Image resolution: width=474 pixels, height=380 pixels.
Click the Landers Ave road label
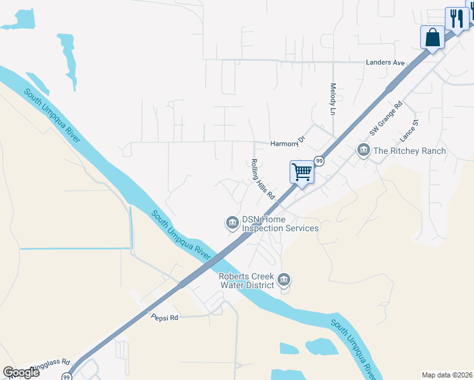pyautogui.click(x=385, y=63)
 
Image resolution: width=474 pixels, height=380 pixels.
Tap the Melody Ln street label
pyautogui.click(x=333, y=99)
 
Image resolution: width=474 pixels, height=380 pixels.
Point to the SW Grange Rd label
pyautogui.click(x=386, y=119)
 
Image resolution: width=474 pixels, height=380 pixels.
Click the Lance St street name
pyautogui.click(x=409, y=130)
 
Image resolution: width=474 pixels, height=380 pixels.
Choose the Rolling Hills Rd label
pyautogui.click(x=262, y=178)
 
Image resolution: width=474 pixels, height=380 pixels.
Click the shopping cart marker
pyautogui.click(x=302, y=171)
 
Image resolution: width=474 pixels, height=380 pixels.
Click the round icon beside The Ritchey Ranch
pyautogui.click(x=364, y=150)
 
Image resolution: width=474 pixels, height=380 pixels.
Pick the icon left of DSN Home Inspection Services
pyautogui.click(x=232, y=222)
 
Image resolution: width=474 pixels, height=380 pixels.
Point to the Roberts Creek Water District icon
pyautogui.click(x=283, y=279)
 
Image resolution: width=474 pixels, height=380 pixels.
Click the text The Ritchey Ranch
pyautogui.click(x=409, y=151)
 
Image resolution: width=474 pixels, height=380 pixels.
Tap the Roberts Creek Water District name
pyautogui.click(x=247, y=281)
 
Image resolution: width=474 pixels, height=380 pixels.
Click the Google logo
pyautogui.click(x=22, y=372)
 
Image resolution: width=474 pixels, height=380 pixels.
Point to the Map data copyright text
pyautogui.click(x=446, y=375)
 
